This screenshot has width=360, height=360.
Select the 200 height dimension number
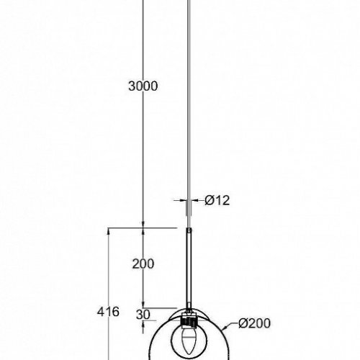tap(144, 264)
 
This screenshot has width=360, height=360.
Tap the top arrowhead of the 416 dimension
tap(109, 231)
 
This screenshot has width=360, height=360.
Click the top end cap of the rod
tap(190, 230)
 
